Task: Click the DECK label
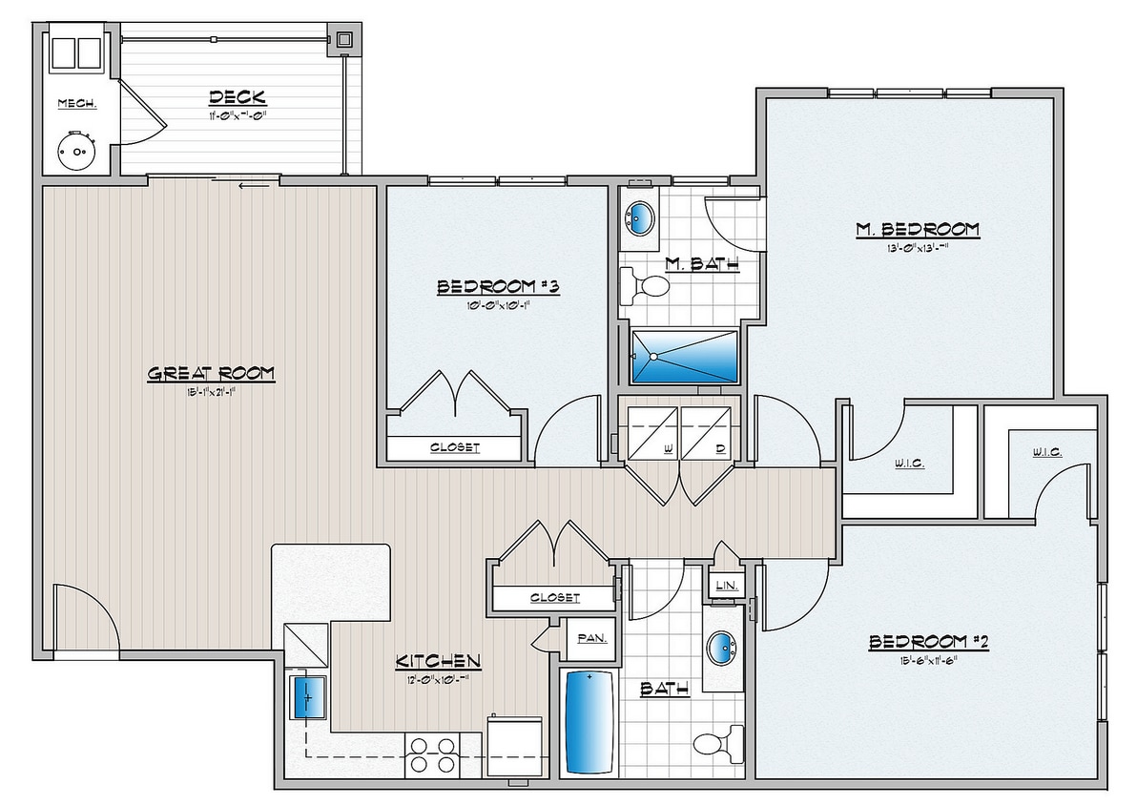[237, 97]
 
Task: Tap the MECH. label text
[76, 103]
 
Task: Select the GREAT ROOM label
[211, 373]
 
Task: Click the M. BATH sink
[638, 217]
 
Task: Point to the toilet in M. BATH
[645, 284]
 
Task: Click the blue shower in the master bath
[685, 357]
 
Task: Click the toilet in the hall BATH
[718, 742]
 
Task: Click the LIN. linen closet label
[723, 584]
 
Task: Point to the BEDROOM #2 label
[928, 643]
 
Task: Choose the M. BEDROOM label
[917, 229]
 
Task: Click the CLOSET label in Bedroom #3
[454, 446]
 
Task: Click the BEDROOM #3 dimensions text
[495, 306]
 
